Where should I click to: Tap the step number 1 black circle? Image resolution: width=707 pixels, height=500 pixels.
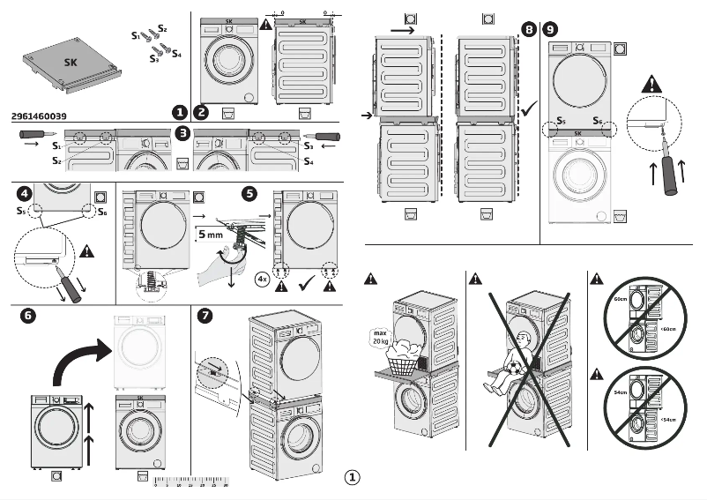(180, 112)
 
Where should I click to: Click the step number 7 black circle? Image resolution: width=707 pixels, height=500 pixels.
(205, 315)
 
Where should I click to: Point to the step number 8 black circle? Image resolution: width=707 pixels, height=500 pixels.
(528, 29)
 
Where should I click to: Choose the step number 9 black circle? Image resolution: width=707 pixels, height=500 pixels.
(551, 29)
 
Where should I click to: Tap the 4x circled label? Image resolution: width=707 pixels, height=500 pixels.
(262, 279)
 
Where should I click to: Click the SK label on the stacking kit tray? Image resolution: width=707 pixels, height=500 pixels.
(71, 63)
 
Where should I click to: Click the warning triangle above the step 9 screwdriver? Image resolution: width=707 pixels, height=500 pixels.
(652, 86)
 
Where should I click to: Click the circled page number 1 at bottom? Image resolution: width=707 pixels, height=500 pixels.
(352, 478)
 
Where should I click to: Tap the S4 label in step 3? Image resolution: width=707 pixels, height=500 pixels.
(309, 161)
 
